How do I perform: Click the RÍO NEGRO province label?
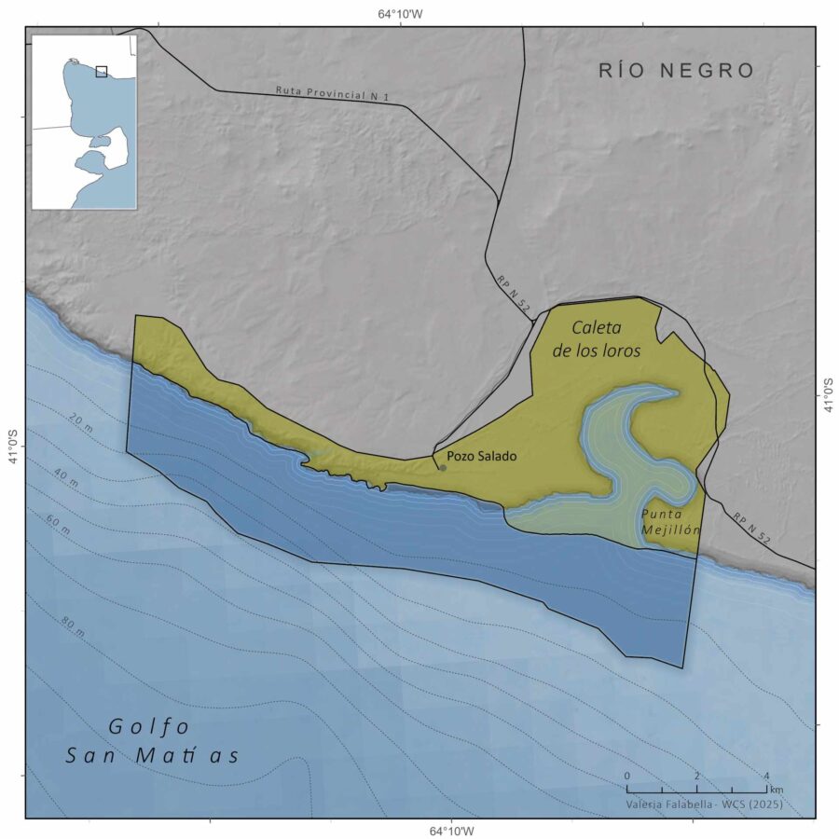pos(676,70)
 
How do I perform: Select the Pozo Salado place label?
pos(481,456)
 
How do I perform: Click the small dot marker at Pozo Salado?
pos(443,467)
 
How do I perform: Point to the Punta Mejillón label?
pos(670,521)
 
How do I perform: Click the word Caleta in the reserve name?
pos(596,329)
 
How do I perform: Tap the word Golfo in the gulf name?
pos(149,725)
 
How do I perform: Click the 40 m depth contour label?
pos(65,476)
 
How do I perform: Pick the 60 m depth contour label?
pos(58,529)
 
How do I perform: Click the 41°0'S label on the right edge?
pos(828,394)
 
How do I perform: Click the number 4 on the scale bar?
pos(766,776)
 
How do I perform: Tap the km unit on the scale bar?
pos(777,790)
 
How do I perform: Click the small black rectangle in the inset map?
pos(102,71)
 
